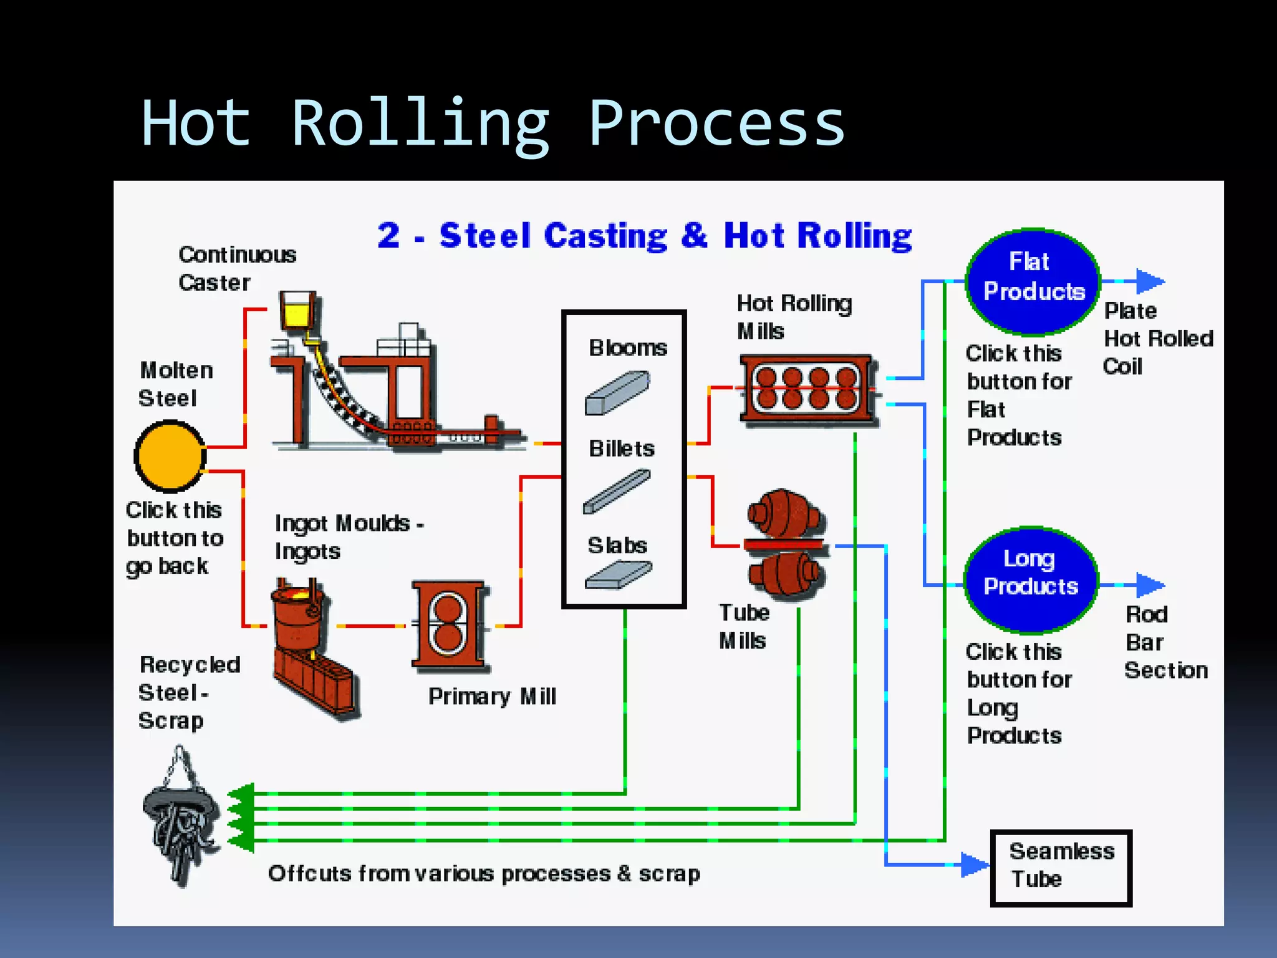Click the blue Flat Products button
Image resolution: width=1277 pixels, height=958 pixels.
point(1032,281)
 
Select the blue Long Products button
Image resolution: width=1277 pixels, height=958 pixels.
point(1031,578)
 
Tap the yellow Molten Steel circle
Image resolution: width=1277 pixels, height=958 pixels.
point(170,456)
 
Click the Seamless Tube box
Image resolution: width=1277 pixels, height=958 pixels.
point(1061,867)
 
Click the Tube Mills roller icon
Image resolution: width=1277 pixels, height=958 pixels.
point(786,545)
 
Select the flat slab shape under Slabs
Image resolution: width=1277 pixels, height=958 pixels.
point(619,575)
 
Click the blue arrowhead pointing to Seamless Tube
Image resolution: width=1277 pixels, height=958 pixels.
point(975,864)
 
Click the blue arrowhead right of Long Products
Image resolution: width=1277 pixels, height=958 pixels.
point(1149,585)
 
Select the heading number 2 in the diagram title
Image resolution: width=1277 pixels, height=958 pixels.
point(388,236)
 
